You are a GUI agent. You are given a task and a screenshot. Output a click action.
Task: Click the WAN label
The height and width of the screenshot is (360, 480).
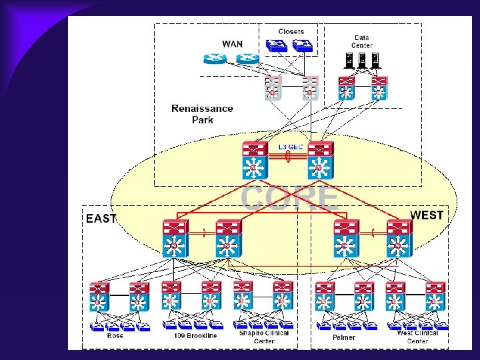tap(232, 44)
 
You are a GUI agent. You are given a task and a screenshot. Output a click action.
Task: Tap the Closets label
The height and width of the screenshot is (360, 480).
tap(291, 31)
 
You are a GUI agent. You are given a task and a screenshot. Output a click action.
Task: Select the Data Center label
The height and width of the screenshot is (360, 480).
tap(362, 41)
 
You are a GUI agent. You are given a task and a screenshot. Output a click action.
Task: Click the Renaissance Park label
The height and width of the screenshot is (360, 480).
tap(202, 114)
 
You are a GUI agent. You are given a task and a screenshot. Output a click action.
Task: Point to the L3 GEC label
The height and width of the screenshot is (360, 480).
tap(290, 146)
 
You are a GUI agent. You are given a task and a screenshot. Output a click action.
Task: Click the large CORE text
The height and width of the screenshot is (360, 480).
tap(289, 197)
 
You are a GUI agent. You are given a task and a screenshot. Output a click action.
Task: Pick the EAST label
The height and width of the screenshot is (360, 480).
tap(101, 218)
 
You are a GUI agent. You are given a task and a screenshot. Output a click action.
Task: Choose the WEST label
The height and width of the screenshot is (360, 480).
tap(427, 215)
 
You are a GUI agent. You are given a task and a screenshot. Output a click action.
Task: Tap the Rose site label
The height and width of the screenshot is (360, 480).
tap(115, 336)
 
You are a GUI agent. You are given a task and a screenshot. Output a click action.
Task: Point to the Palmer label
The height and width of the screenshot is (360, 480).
tap(344, 337)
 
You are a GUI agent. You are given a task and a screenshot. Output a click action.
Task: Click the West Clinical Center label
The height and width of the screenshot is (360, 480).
tap(417, 337)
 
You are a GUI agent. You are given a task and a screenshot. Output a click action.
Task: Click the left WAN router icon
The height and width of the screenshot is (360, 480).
tap(216, 58)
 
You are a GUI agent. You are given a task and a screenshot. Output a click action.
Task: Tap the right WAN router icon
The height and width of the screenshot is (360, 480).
tap(248, 58)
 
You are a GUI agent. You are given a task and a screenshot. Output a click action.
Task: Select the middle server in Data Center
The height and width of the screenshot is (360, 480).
tap(362, 59)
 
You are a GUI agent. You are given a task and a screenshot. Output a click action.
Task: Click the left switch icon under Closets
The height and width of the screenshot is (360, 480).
tap(275, 45)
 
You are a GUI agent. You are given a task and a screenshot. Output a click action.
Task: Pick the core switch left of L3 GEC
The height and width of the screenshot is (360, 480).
tap(254, 159)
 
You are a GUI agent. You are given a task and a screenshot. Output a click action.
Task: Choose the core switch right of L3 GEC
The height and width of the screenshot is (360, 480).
tap(320, 159)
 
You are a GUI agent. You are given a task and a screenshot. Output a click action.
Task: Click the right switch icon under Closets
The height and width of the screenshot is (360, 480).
tap(304, 45)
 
